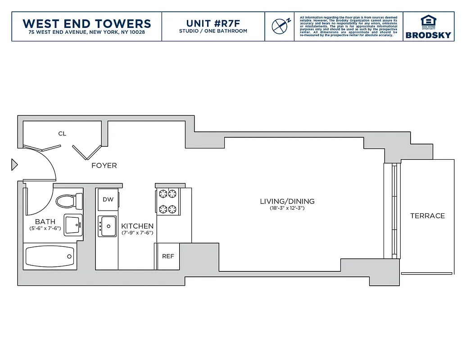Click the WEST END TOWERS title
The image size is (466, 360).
pyautogui.click(x=86, y=23)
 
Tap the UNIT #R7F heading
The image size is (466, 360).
pyautogui.click(x=213, y=23)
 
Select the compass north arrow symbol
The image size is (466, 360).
pyautogui.click(x=280, y=26)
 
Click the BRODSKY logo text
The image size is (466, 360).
pyautogui.click(x=428, y=35)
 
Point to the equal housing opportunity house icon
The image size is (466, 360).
pyautogui.click(x=428, y=21)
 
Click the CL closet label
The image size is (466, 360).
pyautogui.click(x=62, y=134)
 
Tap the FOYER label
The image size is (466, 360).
pyautogui.click(x=104, y=166)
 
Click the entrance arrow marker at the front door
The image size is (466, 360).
pyautogui.click(x=14, y=165)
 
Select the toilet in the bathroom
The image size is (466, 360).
pyautogui.click(x=69, y=200)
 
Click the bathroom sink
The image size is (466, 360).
pyautogui.click(x=73, y=225)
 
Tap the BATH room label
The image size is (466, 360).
pyautogui.click(x=45, y=222)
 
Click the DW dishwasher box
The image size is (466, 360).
pyautogui.click(x=108, y=199)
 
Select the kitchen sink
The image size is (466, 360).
pyautogui.click(x=107, y=226)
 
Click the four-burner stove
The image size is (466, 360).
pyautogui.click(x=168, y=201)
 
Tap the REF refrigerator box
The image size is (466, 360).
pyautogui.click(x=168, y=256)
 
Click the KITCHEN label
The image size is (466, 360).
pyautogui.click(x=137, y=226)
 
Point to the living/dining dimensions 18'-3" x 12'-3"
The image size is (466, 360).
pyautogui.click(x=287, y=208)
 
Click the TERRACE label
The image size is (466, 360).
pyautogui.click(x=427, y=216)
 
